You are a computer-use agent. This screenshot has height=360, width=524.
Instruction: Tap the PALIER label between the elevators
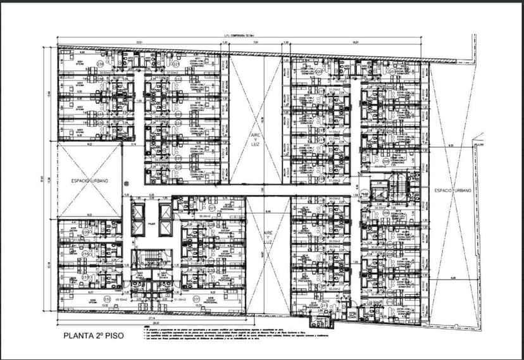(x=151, y=223)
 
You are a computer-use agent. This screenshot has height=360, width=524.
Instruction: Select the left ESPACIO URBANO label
(x=89, y=180)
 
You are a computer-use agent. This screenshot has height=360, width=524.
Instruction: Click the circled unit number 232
(x=107, y=299)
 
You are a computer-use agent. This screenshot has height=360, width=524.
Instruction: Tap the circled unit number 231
(x=196, y=299)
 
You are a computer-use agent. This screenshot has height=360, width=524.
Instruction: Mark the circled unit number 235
(x=84, y=232)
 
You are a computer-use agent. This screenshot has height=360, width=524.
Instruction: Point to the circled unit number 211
(x=324, y=306)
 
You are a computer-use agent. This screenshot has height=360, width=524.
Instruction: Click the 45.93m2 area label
(x=118, y=299)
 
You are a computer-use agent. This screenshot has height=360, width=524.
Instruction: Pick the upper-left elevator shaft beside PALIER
(x=137, y=216)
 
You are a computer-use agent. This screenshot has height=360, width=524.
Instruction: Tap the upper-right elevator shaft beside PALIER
(x=166, y=216)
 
